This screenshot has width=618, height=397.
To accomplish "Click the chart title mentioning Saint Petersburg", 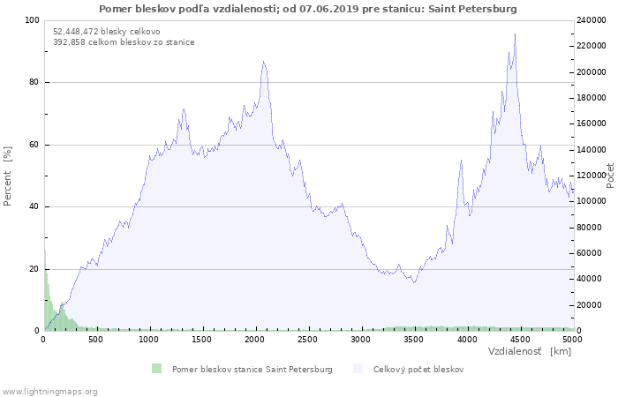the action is [x=308, y=9].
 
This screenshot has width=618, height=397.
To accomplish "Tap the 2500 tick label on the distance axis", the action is [x=307, y=340].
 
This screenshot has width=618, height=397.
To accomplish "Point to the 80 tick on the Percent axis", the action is [x=34, y=82].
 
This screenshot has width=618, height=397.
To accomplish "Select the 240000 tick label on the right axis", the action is [x=592, y=20].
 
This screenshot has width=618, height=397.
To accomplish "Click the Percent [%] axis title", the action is [x=7, y=176].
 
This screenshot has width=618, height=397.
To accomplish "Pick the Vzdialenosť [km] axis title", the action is [x=530, y=351].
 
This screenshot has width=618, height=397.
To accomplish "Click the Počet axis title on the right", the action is [x=610, y=176].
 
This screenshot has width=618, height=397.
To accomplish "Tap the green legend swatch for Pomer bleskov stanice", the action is [x=157, y=369].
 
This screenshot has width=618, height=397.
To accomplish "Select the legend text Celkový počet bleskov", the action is [x=418, y=370].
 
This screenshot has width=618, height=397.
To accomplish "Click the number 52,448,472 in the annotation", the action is [x=76, y=32].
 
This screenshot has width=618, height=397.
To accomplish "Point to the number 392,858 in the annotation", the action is [x=69, y=42].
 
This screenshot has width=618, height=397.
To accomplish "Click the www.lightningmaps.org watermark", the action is [x=49, y=392].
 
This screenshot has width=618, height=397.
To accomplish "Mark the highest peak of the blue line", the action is [x=515, y=34].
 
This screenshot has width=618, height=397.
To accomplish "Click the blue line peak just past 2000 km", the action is [x=263, y=62].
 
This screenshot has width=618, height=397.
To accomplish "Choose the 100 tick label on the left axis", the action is [x=32, y=20].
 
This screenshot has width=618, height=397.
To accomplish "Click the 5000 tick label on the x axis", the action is [x=572, y=340].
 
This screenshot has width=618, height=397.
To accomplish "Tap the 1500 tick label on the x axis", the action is [x=201, y=340].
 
